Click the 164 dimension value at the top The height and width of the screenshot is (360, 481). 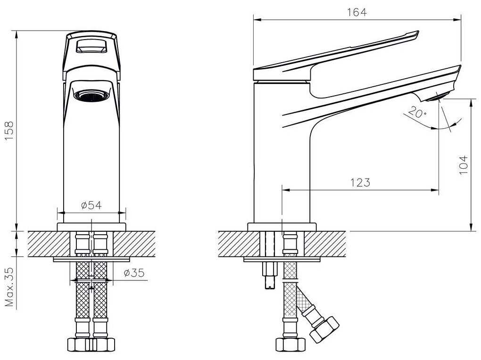357,12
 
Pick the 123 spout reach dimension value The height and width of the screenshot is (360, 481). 360,182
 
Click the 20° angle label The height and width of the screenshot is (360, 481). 416,113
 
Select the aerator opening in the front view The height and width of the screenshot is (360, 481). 92,96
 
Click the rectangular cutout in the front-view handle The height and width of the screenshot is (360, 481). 92,47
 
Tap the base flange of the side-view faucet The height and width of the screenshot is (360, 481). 282,227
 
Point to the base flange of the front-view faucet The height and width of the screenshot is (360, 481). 91,227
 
